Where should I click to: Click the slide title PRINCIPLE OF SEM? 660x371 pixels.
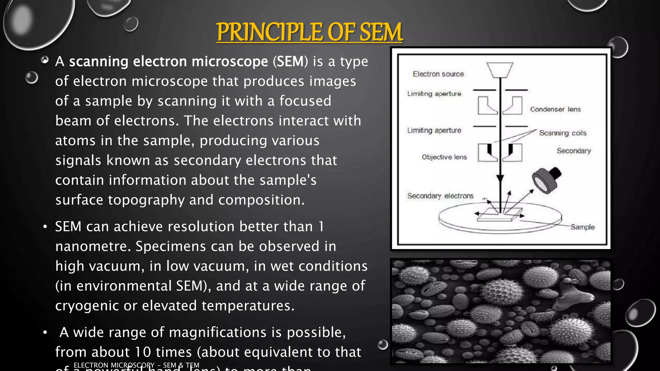click(309, 32)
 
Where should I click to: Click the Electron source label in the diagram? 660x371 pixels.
click(438, 74)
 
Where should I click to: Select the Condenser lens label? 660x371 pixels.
click(555, 109)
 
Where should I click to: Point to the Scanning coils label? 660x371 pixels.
click(563, 133)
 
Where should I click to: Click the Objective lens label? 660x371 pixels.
click(444, 157)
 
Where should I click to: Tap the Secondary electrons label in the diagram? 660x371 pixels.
click(440, 196)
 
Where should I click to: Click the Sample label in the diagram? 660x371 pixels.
click(582, 227)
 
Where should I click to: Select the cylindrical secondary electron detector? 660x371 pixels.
click(546, 180)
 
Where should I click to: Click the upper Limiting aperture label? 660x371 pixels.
click(434, 94)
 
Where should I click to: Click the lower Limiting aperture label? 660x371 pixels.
click(434, 130)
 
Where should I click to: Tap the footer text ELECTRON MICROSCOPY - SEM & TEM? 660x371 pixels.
click(136, 365)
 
